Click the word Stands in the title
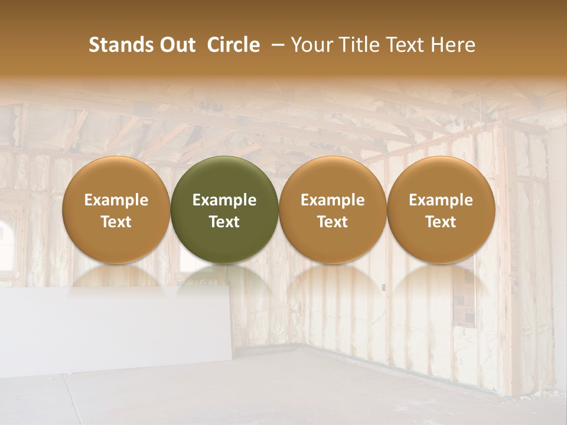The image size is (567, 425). tap(118, 45)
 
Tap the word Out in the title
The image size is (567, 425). tap(175, 45)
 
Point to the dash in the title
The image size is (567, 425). tap(275, 45)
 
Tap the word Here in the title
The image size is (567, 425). tap(454, 45)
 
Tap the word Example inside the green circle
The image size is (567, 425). tap(224, 200)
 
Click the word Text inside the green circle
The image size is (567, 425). tap(224, 222)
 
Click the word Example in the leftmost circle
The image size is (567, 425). tap(116, 200)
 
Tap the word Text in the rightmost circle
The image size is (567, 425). tap(441, 222)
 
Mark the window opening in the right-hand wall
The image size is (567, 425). tap(464, 301)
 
